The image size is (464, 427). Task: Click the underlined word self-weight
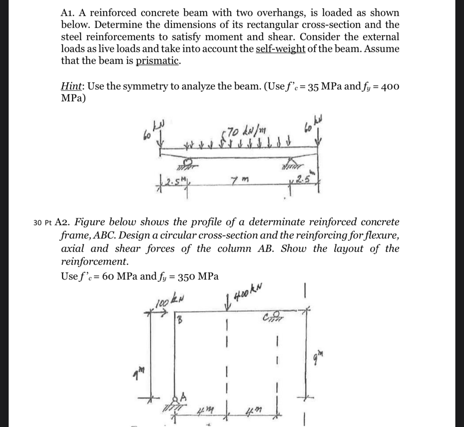[x=281, y=49]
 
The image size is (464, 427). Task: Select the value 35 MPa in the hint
[x=317, y=87]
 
